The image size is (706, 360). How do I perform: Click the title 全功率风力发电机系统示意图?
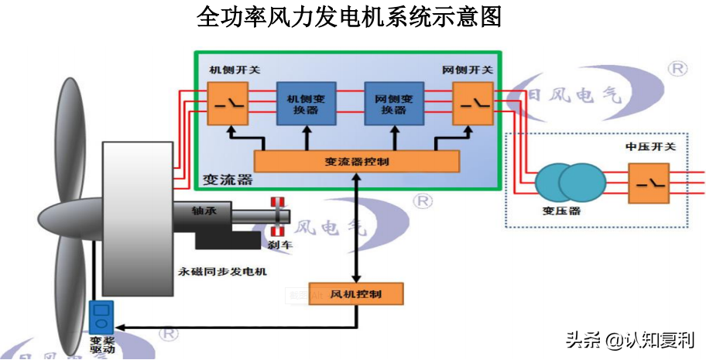[x=349, y=18]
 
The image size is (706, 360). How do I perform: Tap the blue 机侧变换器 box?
[x=307, y=104]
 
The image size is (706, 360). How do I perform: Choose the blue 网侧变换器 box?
[x=393, y=104]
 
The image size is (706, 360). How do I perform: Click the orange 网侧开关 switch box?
[x=473, y=104]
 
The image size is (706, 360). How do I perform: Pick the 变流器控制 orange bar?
[x=357, y=162]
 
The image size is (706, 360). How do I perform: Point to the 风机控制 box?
[x=356, y=294]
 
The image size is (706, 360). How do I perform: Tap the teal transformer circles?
[x=571, y=183]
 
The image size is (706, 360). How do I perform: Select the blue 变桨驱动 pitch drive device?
[x=101, y=317]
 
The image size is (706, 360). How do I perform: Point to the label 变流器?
[x=228, y=180]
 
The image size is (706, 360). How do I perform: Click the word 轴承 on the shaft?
[x=204, y=211]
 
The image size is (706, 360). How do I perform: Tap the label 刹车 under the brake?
[x=277, y=245]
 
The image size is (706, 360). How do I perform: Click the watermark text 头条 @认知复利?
[x=629, y=339]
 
